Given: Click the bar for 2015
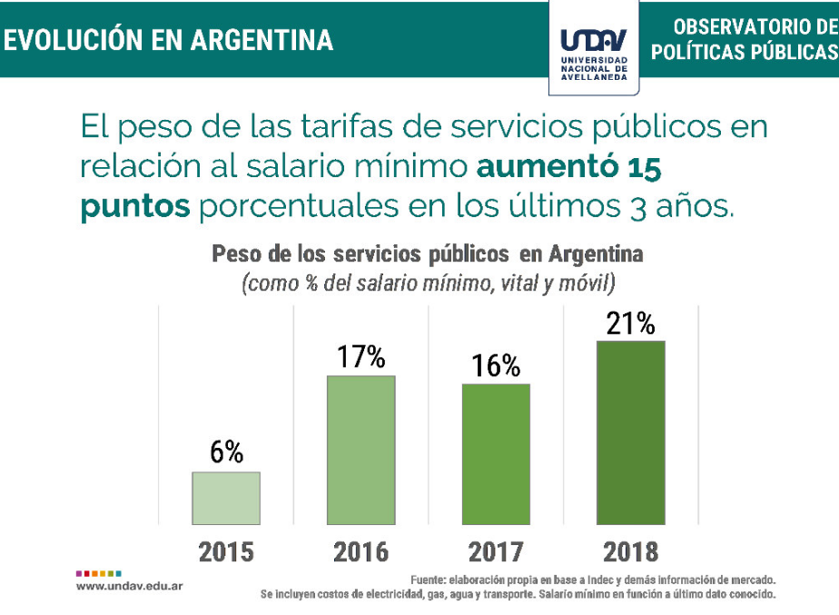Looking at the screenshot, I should pyautogui.click(x=226, y=498).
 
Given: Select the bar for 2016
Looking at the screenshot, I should pyautogui.click(x=360, y=450).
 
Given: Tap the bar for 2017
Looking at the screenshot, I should pyautogui.click(x=496, y=453).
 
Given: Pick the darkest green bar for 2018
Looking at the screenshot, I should pyautogui.click(x=630, y=432).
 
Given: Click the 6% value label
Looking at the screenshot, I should pyautogui.click(x=226, y=452).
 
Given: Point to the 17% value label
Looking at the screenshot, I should pyautogui.click(x=360, y=357).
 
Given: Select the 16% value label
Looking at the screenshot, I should pyautogui.click(x=496, y=365).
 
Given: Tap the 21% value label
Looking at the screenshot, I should pyautogui.click(x=630, y=322).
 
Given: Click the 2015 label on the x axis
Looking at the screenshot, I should pyautogui.click(x=226, y=551).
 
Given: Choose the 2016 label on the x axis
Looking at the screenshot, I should pyautogui.click(x=360, y=551).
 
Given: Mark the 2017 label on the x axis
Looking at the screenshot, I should pyautogui.click(x=496, y=551).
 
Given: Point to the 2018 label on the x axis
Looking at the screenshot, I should pyautogui.click(x=630, y=551).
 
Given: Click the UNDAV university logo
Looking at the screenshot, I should pyautogui.click(x=594, y=51).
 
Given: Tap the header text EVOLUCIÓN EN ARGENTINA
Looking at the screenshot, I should pyautogui.click(x=168, y=40).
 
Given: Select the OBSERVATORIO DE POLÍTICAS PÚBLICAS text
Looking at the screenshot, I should pyautogui.click(x=744, y=39).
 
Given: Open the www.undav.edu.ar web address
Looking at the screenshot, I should pyautogui.click(x=130, y=587).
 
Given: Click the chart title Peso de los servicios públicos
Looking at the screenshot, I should pyautogui.click(x=427, y=253).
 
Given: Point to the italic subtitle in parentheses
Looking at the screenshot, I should pyautogui.click(x=428, y=283).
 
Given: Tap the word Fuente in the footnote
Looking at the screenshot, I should pyautogui.click(x=428, y=580).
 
